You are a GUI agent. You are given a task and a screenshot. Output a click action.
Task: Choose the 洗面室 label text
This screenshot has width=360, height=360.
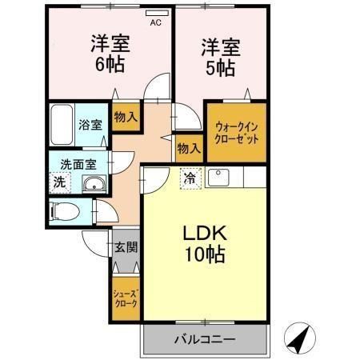click(78, 164)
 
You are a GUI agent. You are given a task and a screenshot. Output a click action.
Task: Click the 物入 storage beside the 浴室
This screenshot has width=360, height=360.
click(126, 116)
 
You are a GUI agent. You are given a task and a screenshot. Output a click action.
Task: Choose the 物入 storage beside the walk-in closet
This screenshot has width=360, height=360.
click(189, 149)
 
